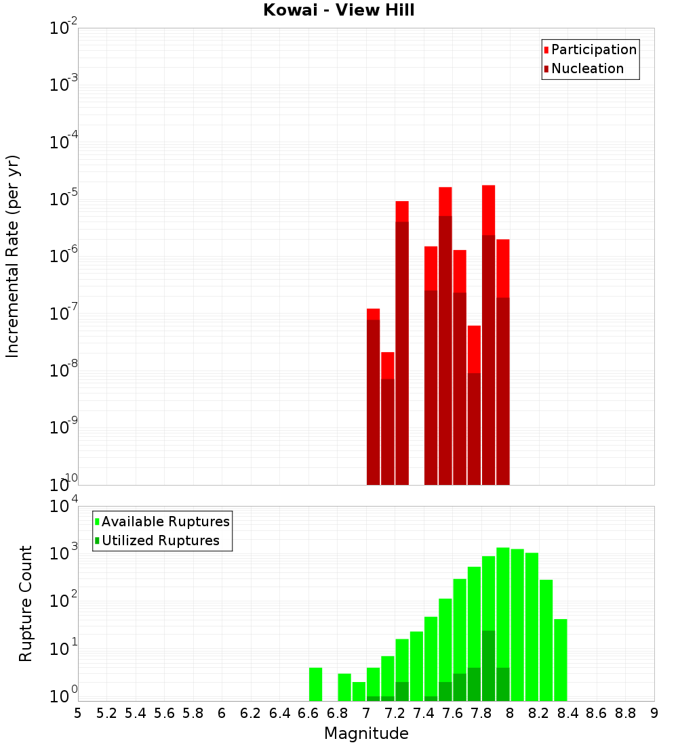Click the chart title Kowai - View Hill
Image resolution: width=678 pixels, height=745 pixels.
339,10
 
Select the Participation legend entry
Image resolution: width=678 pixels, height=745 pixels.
593,49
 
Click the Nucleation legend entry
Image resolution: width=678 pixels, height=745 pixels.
586,68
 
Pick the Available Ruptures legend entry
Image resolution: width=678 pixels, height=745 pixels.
165,521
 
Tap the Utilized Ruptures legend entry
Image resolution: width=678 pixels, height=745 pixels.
159,540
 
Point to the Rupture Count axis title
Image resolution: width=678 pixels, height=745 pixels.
26,603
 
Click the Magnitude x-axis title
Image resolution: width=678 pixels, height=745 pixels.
366,733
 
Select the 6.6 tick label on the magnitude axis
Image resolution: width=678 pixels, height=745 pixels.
308,713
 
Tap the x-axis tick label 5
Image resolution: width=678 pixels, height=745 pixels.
78,713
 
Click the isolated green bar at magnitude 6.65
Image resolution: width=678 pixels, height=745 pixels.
315,684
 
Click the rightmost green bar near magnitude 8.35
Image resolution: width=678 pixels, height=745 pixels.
560,660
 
